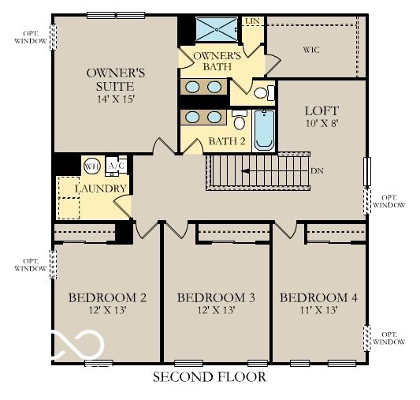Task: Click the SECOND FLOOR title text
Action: (209, 378)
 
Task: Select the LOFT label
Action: (322, 112)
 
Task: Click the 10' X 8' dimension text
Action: (322, 125)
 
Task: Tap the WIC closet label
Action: (311, 50)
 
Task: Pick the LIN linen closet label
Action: (252, 21)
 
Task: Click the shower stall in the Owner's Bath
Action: (216, 30)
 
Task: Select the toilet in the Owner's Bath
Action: (263, 92)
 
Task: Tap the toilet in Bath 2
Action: (239, 122)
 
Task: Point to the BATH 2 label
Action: (227, 142)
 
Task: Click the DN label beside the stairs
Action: (317, 170)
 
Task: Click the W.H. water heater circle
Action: (92, 166)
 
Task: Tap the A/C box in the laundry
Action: (115, 166)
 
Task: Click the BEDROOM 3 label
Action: (216, 297)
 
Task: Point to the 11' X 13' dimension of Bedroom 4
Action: (319, 310)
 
